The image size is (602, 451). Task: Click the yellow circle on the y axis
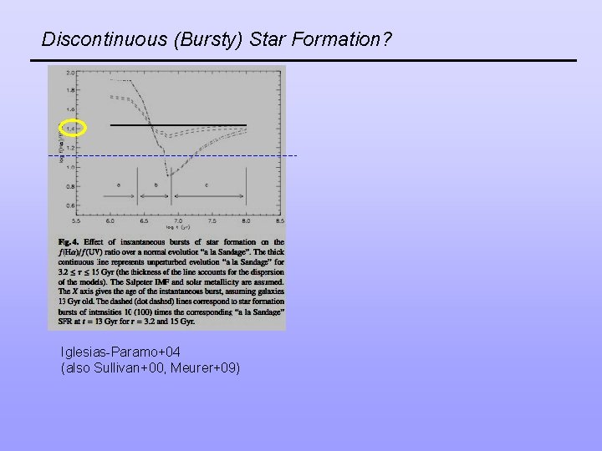pos(72,129)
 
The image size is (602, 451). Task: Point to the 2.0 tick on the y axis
pos(71,72)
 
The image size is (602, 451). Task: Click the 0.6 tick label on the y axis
pos(71,205)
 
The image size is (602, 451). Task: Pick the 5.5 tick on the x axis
pos(76,220)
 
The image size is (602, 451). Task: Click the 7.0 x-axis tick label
pos(178,220)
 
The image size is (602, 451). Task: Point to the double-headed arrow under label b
pos(155,195)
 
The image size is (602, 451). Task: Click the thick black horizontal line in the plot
pos(178,125)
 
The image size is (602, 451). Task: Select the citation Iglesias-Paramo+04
pos(120,352)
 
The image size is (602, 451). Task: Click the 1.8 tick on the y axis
pos(71,90)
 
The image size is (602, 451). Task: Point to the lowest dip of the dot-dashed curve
pos(168,175)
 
